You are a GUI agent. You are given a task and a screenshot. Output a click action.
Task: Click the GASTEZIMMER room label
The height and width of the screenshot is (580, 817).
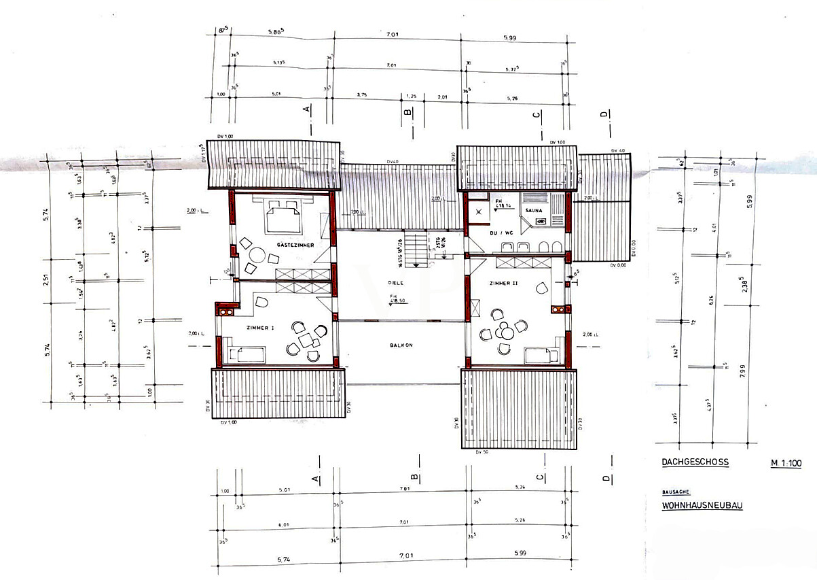295,245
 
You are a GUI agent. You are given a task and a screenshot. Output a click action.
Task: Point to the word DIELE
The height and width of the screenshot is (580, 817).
396,282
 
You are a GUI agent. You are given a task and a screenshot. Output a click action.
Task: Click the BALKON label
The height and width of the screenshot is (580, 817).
401,345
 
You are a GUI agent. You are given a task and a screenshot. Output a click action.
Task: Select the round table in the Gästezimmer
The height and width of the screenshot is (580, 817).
256,256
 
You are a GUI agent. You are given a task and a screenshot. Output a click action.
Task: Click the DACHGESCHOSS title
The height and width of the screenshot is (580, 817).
695,462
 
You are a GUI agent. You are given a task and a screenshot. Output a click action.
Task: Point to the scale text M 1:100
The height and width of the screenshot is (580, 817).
786,464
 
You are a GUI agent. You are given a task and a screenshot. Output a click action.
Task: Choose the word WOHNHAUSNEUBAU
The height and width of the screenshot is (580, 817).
702,506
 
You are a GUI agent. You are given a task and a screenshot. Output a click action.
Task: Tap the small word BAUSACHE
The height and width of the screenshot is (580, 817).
676,492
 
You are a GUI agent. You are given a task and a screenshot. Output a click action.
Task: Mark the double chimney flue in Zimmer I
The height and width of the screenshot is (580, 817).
225,311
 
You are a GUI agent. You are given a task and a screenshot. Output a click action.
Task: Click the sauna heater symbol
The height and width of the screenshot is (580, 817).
541,221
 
